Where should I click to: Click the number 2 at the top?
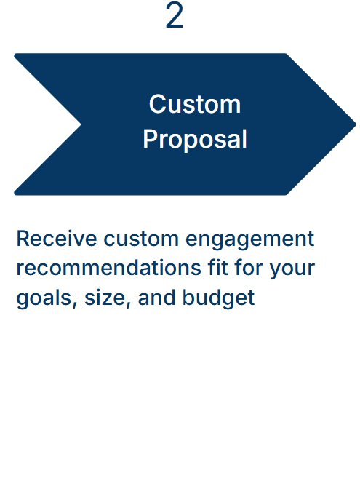click(175, 17)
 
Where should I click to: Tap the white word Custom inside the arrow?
click(194, 104)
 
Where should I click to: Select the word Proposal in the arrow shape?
click(195, 139)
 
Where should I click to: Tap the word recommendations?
click(104, 268)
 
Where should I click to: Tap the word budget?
click(219, 298)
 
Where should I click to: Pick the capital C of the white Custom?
click(157, 104)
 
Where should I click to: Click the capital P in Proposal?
click(150, 139)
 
